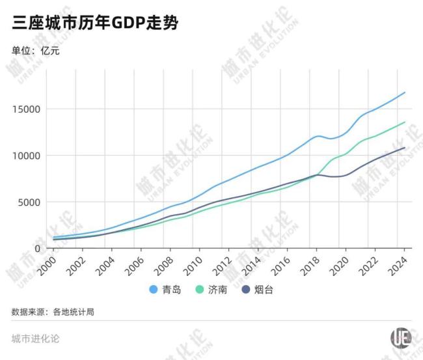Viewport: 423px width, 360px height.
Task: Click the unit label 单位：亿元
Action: click(36, 50)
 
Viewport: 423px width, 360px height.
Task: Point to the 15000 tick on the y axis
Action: click(27, 109)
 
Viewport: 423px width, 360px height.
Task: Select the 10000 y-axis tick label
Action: click(27, 156)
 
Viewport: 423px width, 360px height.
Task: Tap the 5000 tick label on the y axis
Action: click(29, 202)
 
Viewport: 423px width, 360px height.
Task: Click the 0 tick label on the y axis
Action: click(38, 248)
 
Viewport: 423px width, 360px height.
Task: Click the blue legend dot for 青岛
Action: click(154, 290)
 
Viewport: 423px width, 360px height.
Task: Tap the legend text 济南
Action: click(218, 290)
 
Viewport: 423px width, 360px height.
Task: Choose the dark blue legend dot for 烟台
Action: click(245, 290)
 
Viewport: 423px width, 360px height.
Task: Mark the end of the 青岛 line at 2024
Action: click(405, 92)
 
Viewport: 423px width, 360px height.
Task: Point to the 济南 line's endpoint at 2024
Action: click(405, 122)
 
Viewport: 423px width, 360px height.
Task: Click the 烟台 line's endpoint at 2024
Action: click(405, 148)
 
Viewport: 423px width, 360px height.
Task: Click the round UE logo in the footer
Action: click(400, 338)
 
